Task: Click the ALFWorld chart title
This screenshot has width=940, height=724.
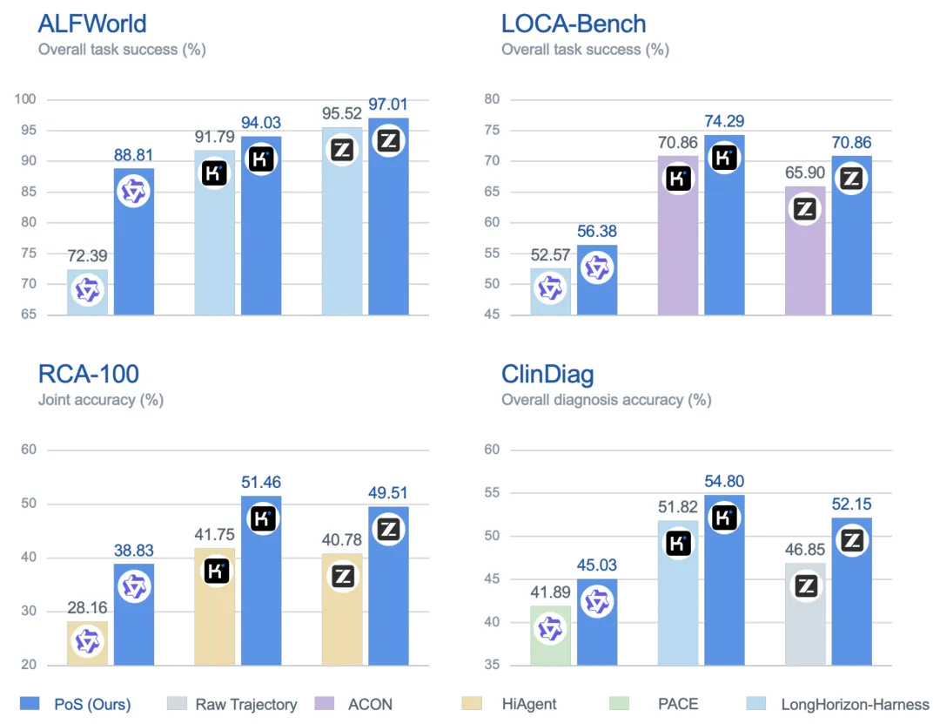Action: [92, 24]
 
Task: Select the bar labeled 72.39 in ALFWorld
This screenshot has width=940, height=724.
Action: [88, 292]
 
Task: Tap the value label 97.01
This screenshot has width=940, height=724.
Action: [388, 105]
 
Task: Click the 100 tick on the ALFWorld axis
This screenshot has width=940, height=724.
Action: [25, 99]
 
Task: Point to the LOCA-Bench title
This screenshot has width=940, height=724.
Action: [574, 24]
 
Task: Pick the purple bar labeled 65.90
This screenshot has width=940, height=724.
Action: [805, 250]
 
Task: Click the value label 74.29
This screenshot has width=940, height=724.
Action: [724, 121]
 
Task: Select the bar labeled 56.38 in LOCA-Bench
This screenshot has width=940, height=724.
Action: [597, 280]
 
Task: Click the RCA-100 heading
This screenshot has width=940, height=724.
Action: [89, 374]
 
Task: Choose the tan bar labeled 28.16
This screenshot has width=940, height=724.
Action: [88, 643]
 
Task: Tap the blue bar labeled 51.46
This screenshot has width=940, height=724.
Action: [261, 580]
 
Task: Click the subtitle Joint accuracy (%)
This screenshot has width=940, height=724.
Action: [101, 400]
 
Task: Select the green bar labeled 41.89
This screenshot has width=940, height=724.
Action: [550, 635]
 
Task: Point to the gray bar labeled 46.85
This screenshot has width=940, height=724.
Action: [805, 613]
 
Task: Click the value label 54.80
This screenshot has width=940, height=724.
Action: [724, 482]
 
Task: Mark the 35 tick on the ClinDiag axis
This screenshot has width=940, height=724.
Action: [492, 665]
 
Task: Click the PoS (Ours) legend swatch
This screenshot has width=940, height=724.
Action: [30, 704]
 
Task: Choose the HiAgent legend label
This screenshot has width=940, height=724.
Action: [529, 704]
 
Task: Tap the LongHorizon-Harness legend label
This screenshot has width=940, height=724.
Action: [856, 704]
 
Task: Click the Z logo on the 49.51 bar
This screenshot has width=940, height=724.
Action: [388, 530]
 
